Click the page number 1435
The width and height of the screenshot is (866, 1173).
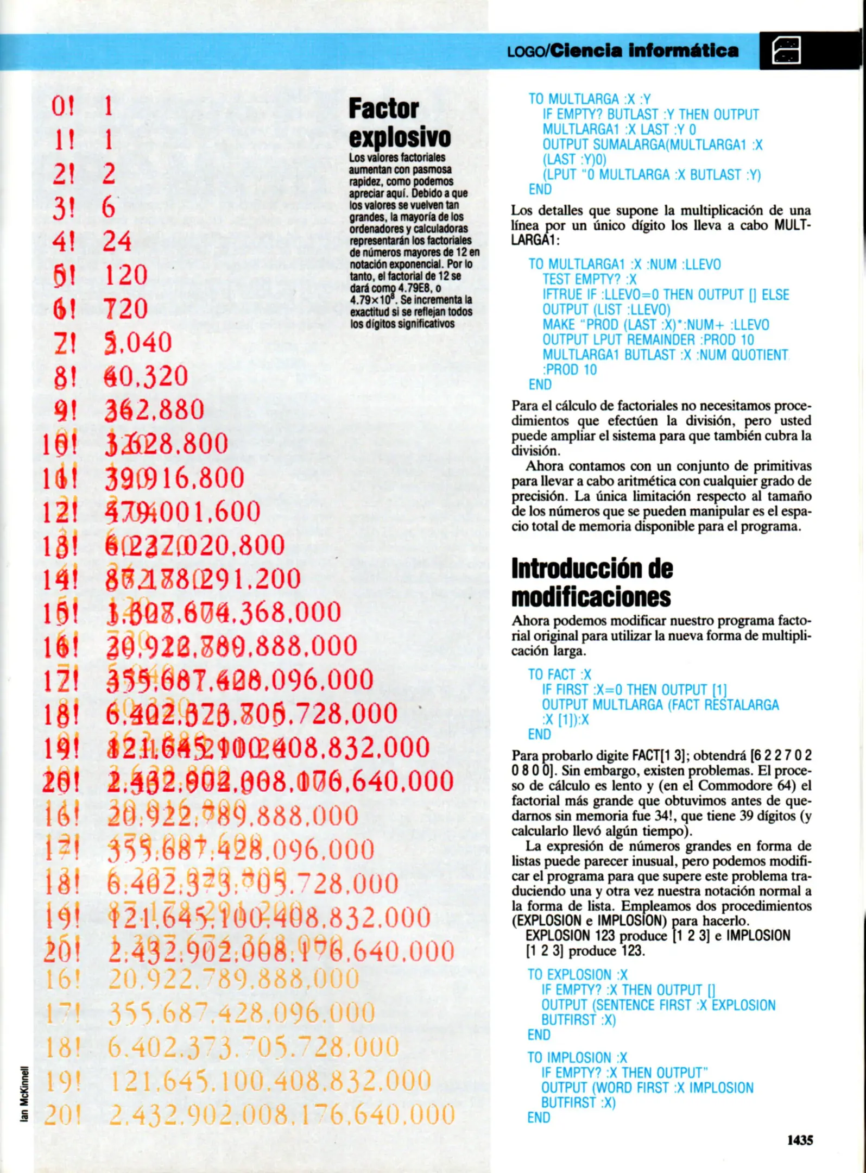[x=800, y=1140]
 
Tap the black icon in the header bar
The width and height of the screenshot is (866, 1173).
[x=786, y=51]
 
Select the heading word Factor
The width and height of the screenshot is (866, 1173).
[x=383, y=109]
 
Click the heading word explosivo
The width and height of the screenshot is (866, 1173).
[x=400, y=137]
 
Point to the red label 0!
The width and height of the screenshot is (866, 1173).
[x=63, y=106]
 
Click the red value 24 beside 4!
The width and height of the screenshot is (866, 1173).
[x=117, y=241]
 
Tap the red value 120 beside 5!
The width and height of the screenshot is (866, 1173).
[x=125, y=275]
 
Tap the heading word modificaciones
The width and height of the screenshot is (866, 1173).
[x=591, y=597]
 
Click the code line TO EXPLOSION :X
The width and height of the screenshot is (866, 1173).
[x=577, y=975]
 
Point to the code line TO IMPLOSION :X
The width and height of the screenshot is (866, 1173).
[x=577, y=1058]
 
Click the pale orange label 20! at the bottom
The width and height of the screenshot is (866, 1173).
[x=62, y=1115]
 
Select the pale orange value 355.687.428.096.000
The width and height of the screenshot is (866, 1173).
[x=242, y=1013]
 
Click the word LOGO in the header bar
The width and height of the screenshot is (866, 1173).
[x=526, y=52]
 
